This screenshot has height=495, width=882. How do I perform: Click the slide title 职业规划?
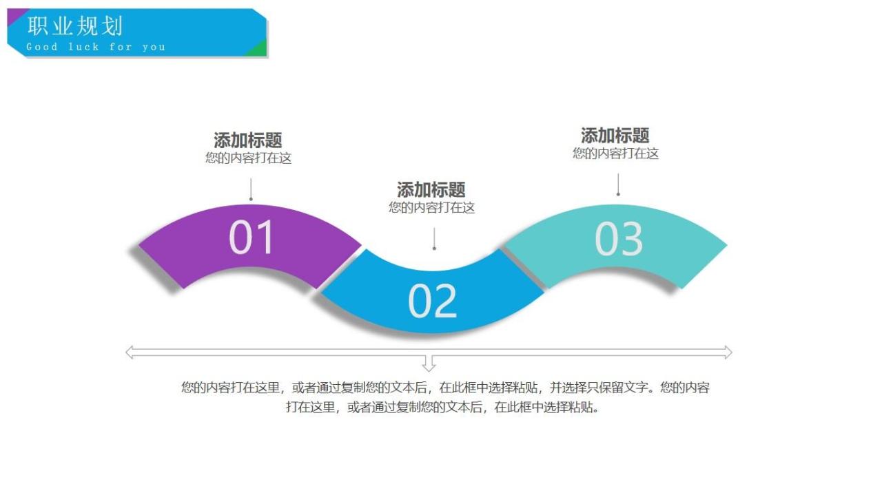75,26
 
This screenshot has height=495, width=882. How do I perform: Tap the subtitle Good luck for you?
96,47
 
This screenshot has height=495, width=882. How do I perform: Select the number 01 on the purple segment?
251,238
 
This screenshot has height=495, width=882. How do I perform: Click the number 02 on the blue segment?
432,301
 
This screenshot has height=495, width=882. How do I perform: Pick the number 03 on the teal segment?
618,239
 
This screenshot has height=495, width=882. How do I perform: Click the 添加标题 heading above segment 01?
248,140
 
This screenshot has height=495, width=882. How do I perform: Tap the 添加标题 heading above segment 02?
431,189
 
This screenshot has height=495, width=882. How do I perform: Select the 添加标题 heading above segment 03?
615,136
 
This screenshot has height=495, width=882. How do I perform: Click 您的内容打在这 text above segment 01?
248,158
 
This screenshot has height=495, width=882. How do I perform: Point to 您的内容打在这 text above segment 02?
431,207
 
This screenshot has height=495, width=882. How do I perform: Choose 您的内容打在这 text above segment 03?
615,154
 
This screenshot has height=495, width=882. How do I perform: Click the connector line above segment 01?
251,189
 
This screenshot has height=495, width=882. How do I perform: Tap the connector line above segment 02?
434,238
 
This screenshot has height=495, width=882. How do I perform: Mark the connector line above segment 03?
618,184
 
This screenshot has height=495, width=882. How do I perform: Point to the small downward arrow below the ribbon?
429,364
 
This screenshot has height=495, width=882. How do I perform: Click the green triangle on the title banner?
259,49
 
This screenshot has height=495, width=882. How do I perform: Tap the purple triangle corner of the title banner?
15,15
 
